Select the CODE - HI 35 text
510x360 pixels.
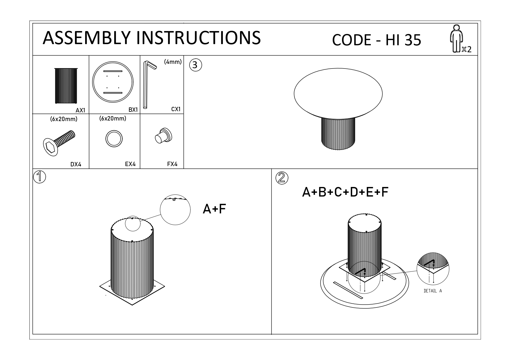[376, 40]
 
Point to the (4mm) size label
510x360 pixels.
[173, 62]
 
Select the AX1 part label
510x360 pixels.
[80, 110]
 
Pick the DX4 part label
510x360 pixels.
[76, 164]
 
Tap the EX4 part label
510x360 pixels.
[130, 164]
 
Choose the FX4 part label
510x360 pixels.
[172, 164]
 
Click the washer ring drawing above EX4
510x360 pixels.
[114, 139]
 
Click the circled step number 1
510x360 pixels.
[40, 177]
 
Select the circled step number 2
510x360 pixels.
[282, 178]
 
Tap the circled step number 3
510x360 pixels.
[195, 65]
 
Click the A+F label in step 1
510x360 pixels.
[214, 209]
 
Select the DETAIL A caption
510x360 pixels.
[433, 291]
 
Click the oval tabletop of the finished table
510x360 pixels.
[338, 93]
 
